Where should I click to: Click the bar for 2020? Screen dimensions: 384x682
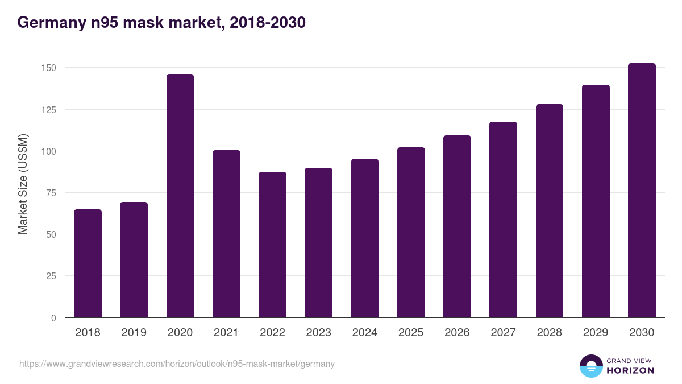pyautogui.click(x=180, y=196)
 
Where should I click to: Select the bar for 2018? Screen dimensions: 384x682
pyautogui.click(x=88, y=263)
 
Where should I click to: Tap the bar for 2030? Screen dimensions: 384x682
pyautogui.click(x=642, y=191)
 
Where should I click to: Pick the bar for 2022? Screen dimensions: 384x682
pyautogui.click(x=272, y=245)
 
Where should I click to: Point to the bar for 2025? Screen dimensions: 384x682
pyautogui.click(x=411, y=232)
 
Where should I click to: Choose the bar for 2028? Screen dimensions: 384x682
pyautogui.click(x=550, y=210)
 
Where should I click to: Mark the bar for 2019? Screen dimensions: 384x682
pyautogui.click(x=134, y=259)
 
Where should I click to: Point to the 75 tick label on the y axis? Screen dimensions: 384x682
pyautogui.click(x=51, y=193)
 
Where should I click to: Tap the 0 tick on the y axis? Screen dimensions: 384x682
pyautogui.click(x=53, y=318)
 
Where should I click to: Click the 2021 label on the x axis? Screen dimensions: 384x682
pyautogui.click(x=226, y=333)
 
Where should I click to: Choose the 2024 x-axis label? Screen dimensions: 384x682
pyautogui.click(x=365, y=333)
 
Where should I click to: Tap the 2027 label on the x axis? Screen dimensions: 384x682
pyautogui.click(x=504, y=333)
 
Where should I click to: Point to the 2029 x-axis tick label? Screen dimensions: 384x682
pyautogui.click(x=596, y=333)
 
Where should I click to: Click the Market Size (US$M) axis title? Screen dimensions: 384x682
pyautogui.click(x=23, y=184)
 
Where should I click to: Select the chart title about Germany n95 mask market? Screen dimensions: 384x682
pyautogui.click(x=161, y=22)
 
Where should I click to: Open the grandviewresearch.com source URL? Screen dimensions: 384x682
pyautogui.click(x=177, y=364)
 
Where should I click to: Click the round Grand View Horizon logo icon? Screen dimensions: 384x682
pyautogui.click(x=590, y=366)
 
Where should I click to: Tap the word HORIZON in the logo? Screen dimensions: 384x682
pyautogui.click(x=630, y=370)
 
